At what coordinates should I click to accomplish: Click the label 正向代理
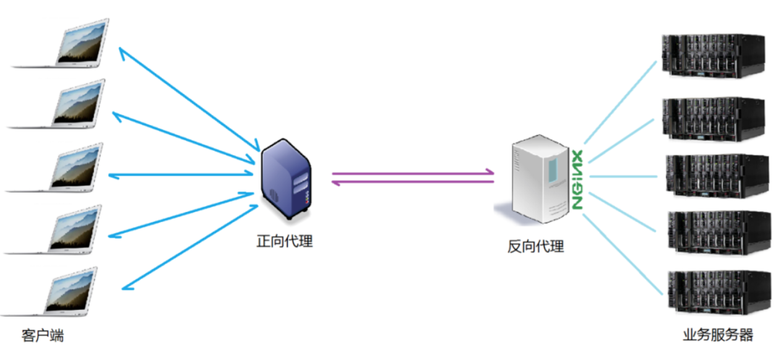point(285,241)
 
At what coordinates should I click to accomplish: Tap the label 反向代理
point(536,246)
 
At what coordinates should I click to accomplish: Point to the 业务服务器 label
point(718,335)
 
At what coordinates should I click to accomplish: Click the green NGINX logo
point(577,179)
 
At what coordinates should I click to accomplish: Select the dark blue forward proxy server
point(285,180)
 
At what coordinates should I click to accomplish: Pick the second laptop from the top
point(62,105)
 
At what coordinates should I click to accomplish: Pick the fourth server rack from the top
point(718,233)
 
